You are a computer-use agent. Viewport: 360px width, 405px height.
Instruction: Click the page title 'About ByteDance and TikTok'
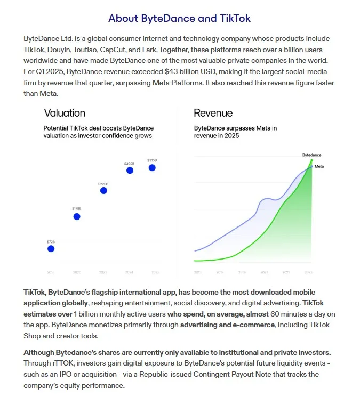coord(179,19)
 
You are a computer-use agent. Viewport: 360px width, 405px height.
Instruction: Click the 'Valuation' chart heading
coord(65,113)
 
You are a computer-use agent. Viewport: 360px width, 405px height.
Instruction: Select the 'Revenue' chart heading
coord(213,113)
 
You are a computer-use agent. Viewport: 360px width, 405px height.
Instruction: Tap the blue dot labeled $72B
coord(51,248)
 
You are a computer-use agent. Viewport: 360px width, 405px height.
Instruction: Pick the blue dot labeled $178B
coord(77,216)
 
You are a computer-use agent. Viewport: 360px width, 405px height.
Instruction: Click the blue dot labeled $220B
coord(103,190)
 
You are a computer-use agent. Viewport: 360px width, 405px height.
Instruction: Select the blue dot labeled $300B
coord(130,170)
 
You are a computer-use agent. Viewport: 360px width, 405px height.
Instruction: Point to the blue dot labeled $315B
coord(152,168)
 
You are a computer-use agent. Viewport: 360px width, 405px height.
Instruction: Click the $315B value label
coord(152,160)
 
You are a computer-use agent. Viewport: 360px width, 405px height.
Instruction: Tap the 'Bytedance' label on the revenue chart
coord(311,155)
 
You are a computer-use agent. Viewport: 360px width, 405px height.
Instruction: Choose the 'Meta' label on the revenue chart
coord(319,166)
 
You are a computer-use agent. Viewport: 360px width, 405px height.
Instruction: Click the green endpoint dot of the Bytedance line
coord(311,160)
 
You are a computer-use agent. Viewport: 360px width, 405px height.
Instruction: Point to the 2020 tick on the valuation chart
coord(77,272)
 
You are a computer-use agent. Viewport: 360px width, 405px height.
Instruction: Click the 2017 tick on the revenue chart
coord(220,272)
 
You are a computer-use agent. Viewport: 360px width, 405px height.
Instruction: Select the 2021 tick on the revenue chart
coord(264,272)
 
